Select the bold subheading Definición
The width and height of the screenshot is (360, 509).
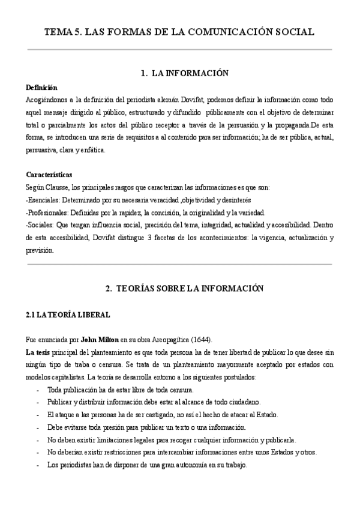coord(41,88)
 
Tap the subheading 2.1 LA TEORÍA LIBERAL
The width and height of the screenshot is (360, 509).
coord(68,314)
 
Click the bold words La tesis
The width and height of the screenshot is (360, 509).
coord(37,352)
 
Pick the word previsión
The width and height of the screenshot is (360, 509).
coord(40,250)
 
